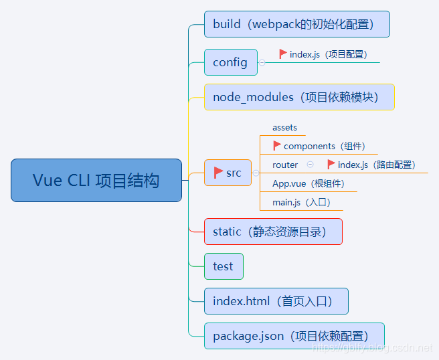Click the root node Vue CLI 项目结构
(x=96, y=180)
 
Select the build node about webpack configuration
(x=296, y=24)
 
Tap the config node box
(x=230, y=62)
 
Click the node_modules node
(x=298, y=97)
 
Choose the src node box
(x=228, y=173)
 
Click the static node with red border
(x=273, y=232)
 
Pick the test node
(x=224, y=266)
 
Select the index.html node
(x=276, y=301)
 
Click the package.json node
(x=294, y=336)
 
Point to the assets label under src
(x=284, y=127)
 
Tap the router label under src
(x=285, y=165)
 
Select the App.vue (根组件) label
(x=308, y=183)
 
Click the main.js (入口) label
(x=301, y=202)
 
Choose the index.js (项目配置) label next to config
(x=328, y=54)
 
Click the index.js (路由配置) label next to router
(x=376, y=165)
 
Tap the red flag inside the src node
(x=218, y=173)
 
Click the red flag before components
(x=277, y=146)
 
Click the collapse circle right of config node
(x=262, y=62)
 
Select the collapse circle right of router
(x=310, y=165)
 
